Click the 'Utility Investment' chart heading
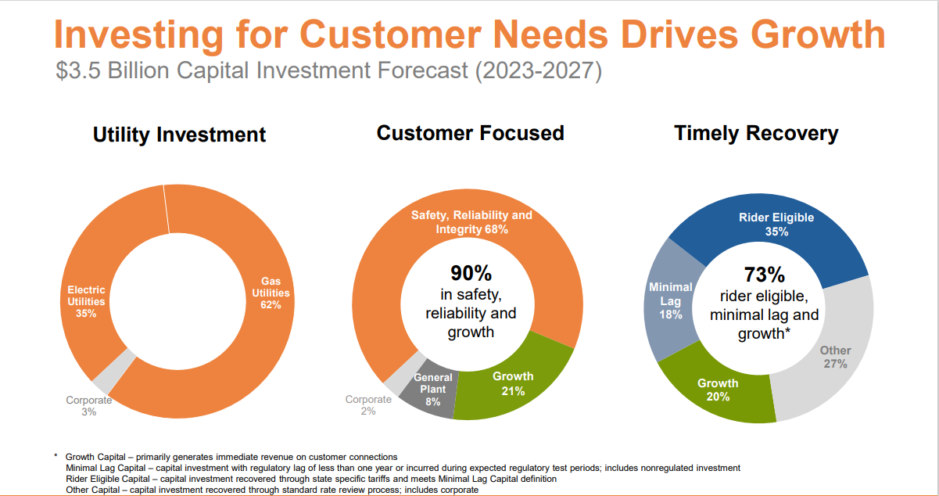[x=179, y=135]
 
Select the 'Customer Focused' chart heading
[x=470, y=133]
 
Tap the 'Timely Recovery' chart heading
[x=756, y=133]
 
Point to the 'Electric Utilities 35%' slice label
[x=86, y=301]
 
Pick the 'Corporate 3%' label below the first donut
[x=89, y=406]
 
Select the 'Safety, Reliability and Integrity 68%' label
[x=471, y=222]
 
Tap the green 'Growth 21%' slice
[x=512, y=383]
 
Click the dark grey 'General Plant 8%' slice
[x=432, y=390]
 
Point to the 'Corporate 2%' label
[x=368, y=405]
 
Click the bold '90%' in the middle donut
[x=471, y=274]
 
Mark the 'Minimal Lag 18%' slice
[x=670, y=300]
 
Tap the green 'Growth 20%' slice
[x=717, y=390]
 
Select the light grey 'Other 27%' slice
[x=834, y=357]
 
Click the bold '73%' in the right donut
[x=764, y=275]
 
